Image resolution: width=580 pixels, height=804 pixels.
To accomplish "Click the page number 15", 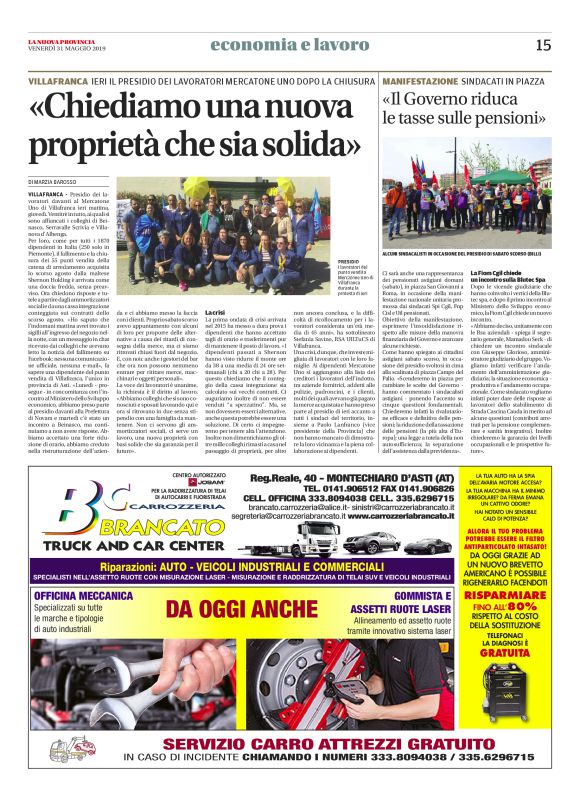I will click(543, 44).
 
